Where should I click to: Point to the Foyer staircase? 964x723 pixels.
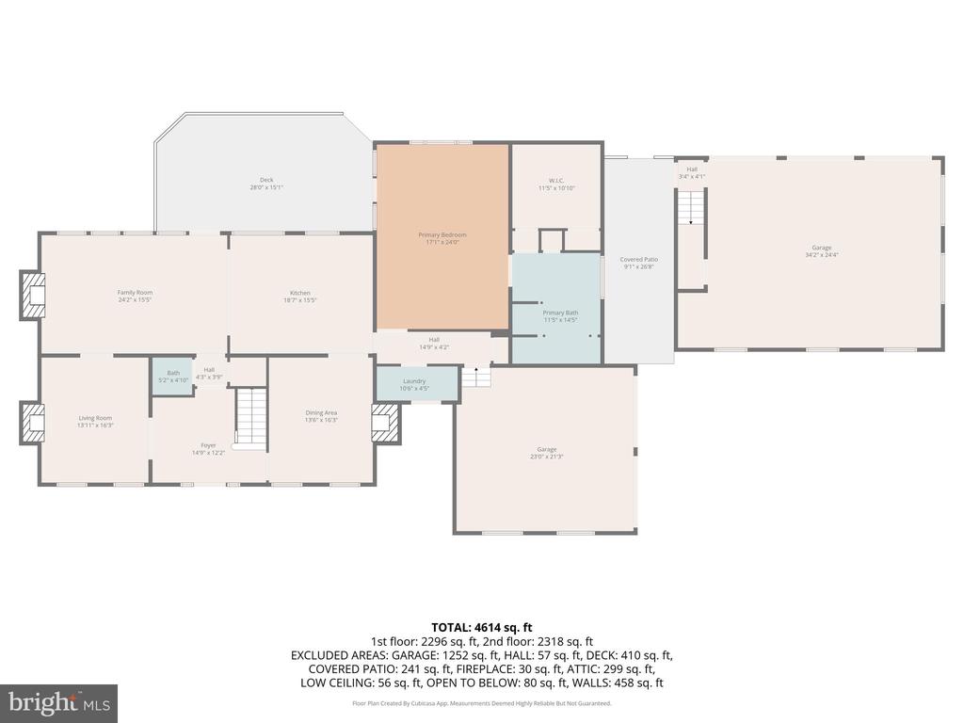point(251,416)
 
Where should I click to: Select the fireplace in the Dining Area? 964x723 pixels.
point(386,423)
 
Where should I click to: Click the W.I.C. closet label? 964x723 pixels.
point(555,184)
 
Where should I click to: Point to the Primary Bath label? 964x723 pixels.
point(560,315)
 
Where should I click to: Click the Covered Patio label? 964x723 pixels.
point(638,263)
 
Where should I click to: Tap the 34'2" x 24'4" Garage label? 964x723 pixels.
point(809,250)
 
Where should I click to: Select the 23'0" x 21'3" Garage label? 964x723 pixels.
point(546,453)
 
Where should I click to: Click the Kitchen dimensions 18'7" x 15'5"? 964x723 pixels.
point(300,300)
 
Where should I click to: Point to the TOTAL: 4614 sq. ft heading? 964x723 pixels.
point(482,627)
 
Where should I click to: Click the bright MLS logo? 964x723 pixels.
point(58,702)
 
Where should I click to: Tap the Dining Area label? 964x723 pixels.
point(321,416)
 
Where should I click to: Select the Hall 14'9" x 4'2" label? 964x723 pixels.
point(434,344)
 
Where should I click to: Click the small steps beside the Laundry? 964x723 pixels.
point(476,377)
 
